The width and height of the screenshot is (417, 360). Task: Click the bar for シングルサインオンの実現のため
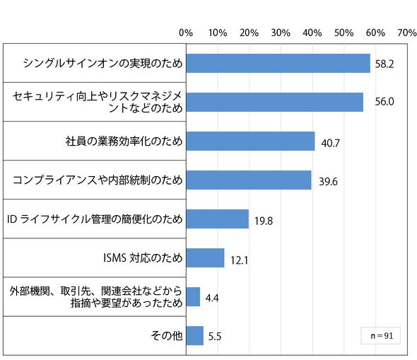pyautogui.click(x=278, y=64)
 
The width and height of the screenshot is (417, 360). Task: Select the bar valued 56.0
pyautogui.click(x=275, y=102)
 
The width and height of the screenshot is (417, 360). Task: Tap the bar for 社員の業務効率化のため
pyautogui.click(x=250, y=141)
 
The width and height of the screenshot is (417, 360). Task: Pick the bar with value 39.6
pyautogui.click(x=249, y=180)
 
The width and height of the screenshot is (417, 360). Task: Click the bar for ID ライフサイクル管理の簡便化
pyautogui.click(x=218, y=219)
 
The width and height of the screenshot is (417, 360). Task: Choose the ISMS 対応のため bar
pyautogui.click(x=205, y=258)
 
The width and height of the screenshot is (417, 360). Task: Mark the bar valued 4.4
pyautogui.click(x=193, y=296)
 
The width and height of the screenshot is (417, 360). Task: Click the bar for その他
pyautogui.click(x=195, y=336)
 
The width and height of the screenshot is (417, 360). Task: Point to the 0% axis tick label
pyautogui.click(x=186, y=33)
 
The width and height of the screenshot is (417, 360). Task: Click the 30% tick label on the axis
pyautogui.click(x=281, y=33)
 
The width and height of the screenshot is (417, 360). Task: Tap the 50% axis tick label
pyautogui.click(x=344, y=33)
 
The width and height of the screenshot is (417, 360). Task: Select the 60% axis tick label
pyautogui.click(x=375, y=33)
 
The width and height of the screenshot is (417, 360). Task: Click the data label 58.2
pyautogui.click(x=384, y=64)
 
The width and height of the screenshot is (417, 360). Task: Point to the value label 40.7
pyautogui.click(x=330, y=143)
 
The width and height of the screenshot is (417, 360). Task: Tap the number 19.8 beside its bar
pyautogui.click(x=264, y=221)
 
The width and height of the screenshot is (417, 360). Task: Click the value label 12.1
pyautogui.click(x=239, y=260)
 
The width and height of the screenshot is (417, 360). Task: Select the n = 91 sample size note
pyautogui.click(x=382, y=336)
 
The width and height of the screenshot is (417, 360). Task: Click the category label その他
pyautogui.click(x=167, y=335)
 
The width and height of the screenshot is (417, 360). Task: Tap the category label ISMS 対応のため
pyautogui.click(x=143, y=257)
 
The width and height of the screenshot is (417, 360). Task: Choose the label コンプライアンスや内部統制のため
pyautogui.click(x=98, y=180)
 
